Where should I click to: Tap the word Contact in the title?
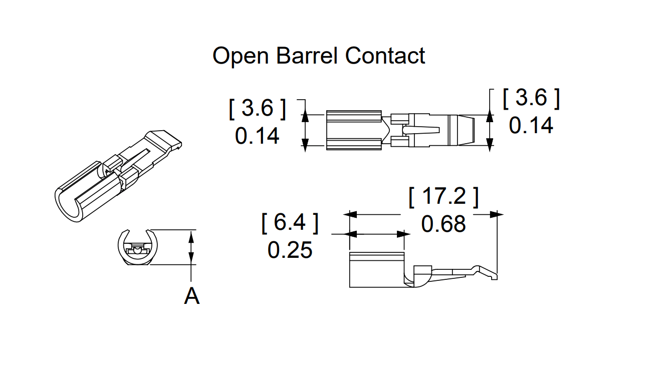click(x=385, y=56)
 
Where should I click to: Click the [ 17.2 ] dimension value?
click(x=443, y=197)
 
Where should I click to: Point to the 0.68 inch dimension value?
click(x=443, y=224)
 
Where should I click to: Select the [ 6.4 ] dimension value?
click(x=290, y=223)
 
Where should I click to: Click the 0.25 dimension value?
click(x=290, y=250)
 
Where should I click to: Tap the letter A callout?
click(x=191, y=296)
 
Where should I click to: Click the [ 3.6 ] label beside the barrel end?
click(x=257, y=109)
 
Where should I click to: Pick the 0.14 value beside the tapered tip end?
click(x=531, y=125)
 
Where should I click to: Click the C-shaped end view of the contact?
click(x=137, y=247)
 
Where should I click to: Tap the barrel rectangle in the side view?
click(x=376, y=270)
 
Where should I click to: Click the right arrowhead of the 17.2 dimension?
click(x=497, y=214)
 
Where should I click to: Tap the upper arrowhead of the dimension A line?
click(x=191, y=235)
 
